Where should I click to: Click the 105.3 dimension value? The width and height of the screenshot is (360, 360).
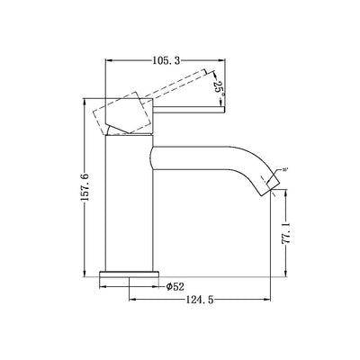[x=162, y=60]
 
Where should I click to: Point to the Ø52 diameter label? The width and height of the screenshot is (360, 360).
[x=176, y=287]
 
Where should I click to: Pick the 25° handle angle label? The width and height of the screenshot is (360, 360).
[x=219, y=88]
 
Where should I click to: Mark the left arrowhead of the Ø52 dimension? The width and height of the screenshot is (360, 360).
[x=102, y=287]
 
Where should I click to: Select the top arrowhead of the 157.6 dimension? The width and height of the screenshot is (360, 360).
[x=90, y=97]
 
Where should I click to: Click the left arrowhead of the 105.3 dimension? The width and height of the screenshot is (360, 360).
[x=110, y=60]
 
